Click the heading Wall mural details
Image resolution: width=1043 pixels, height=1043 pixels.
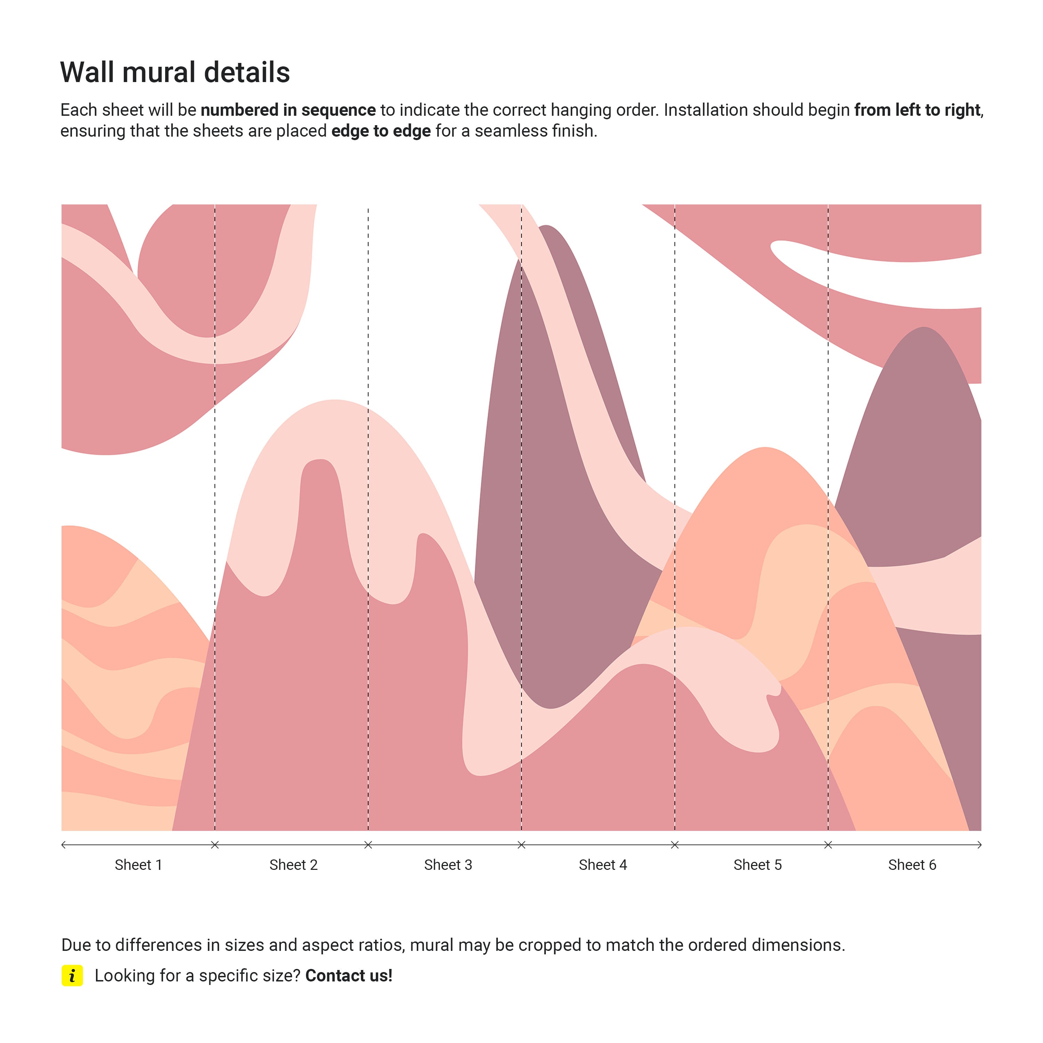tap(175, 72)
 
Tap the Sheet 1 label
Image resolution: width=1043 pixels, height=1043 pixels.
tap(138, 865)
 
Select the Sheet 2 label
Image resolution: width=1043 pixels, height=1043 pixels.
tap(293, 865)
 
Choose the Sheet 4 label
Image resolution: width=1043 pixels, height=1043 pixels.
tap(603, 865)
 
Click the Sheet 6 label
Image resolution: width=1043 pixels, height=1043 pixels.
tap(912, 865)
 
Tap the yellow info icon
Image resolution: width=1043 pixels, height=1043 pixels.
tap(72, 976)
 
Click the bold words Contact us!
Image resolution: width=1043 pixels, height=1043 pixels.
tap(349, 976)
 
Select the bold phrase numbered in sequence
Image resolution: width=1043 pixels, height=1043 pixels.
tap(288, 110)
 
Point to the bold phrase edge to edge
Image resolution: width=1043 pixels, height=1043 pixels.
tap(381, 131)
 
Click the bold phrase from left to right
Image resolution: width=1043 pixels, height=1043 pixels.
tap(917, 110)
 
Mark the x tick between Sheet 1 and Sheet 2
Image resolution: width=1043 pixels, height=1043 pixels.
tap(215, 845)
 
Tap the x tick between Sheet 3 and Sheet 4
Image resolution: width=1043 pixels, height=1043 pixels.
tap(521, 845)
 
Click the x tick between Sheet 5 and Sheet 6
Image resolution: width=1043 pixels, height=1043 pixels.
tap(828, 845)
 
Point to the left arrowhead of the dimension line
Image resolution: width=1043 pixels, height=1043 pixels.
tap(64, 845)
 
